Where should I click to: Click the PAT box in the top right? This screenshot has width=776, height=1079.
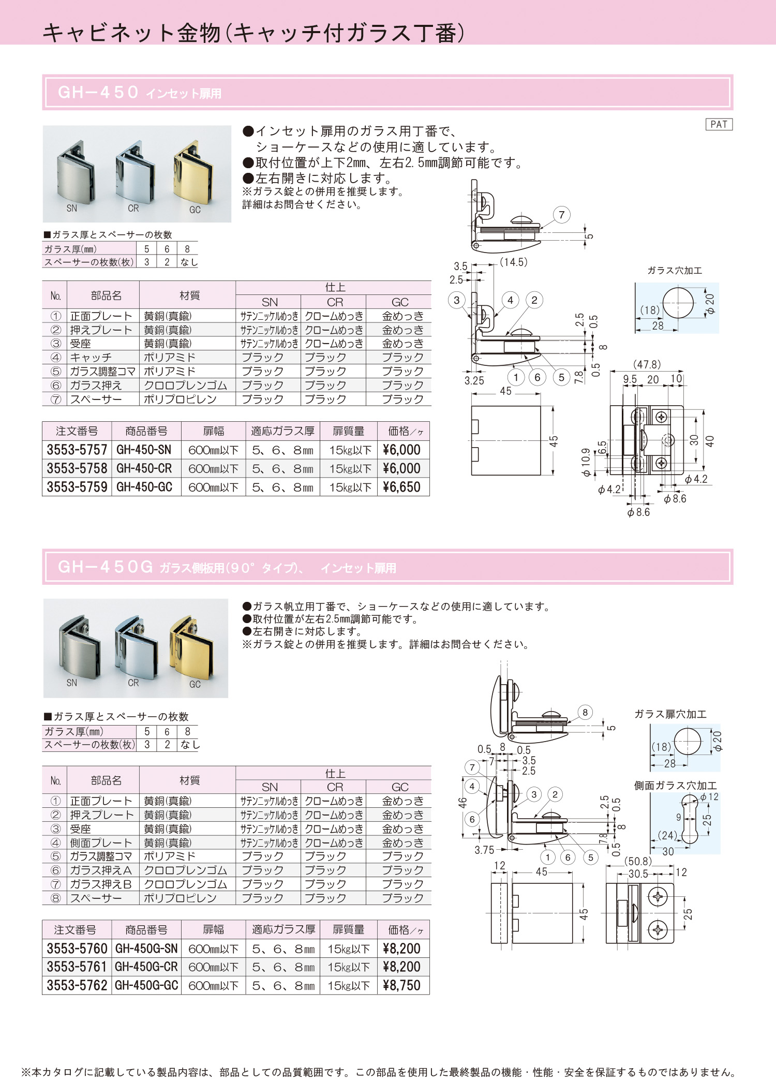(x=719, y=124)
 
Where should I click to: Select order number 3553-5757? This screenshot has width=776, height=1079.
(x=77, y=450)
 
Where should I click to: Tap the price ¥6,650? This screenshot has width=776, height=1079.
(x=401, y=487)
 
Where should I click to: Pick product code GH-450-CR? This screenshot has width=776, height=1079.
(x=144, y=468)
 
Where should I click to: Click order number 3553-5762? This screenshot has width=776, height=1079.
(x=77, y=985)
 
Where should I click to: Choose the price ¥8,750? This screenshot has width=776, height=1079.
(x=401, y=985)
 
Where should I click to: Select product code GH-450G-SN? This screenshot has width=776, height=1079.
(x=146, y=949)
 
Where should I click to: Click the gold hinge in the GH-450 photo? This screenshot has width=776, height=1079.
(x=193, y=173)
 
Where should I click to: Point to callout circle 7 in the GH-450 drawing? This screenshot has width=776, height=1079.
(x=562, y=215)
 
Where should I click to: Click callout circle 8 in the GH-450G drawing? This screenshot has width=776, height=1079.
(x=585, y=712)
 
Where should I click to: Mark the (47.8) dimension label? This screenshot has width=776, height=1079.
(x=647, y=364)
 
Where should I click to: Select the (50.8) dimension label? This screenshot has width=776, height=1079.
(x=638, y=861)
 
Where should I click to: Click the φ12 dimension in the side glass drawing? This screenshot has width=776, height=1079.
(x=709, y=797)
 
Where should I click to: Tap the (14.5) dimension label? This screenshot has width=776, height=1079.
(x=514, y=262)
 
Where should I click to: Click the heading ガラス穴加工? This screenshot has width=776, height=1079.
(x=675, y=271)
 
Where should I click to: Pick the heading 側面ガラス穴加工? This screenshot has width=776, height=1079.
(x=676, y=786)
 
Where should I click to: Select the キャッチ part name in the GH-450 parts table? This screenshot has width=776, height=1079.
(x=91, y=358)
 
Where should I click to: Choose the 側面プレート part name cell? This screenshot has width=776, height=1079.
(x=101, y=842)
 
